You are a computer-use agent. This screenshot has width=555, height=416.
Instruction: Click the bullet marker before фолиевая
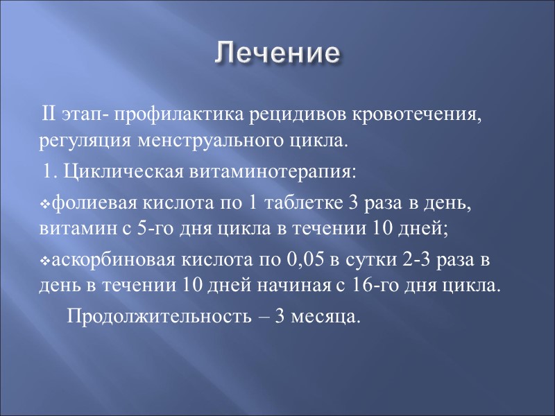pyautogui.click(x=44, y=205)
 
